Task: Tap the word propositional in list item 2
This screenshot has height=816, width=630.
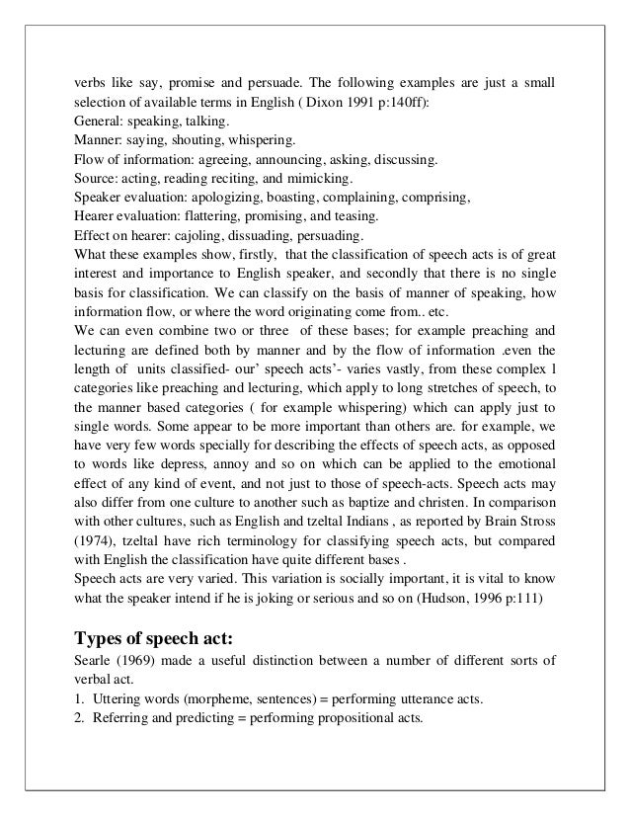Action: (x=352, y=717)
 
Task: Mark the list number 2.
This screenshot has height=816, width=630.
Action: (x=80, y=717)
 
